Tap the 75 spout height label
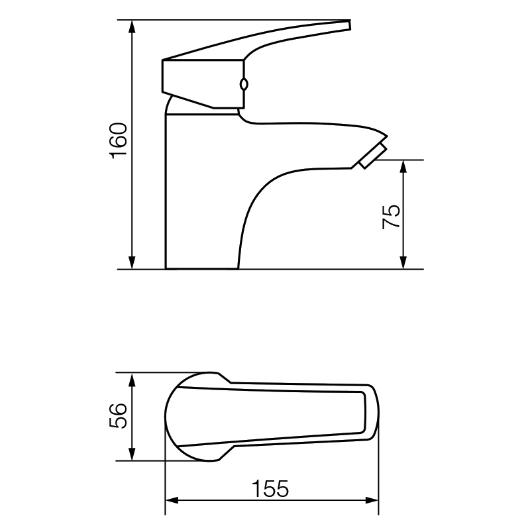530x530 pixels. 391,217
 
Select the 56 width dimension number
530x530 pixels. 118,416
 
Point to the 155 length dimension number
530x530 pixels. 270,489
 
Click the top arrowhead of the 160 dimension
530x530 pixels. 132,26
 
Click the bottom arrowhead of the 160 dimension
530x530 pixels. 132,262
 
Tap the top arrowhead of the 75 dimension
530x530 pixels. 403,167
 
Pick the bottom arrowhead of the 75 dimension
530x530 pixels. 403,262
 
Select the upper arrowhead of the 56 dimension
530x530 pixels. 132,379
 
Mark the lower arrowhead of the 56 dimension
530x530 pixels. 132,454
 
